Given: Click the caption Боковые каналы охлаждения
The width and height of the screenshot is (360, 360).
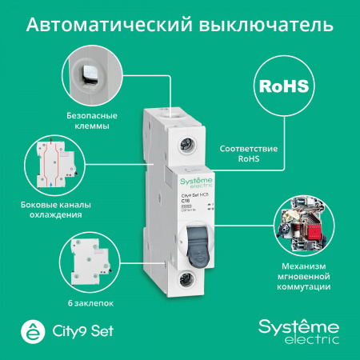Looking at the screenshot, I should point(74,209).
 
